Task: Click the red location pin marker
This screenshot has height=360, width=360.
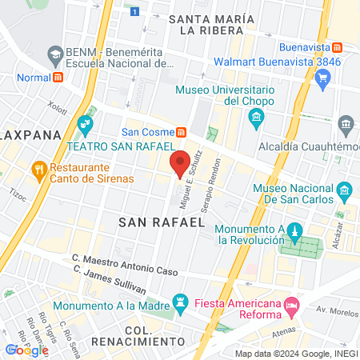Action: pyautogui.click(x=181, y=163)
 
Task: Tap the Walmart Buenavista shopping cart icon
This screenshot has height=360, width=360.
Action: pyautogui.click(x=323, y=78)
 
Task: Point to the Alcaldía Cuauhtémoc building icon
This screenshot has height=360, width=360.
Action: pyautogui.click(x=346, y=124)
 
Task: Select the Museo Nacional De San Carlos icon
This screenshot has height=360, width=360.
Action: pyautogui.click(x=345, y=191)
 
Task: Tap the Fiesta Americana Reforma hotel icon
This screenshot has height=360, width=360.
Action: pyautogui.click(x=292, y=304)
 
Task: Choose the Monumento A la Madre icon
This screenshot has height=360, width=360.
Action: pyautogui.click(x=181, y=303)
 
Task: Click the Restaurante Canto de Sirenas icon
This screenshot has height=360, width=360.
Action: pyautogui.click(x=38, y=169)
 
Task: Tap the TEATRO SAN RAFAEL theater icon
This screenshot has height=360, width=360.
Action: pyautogui.click(x=86, y=125)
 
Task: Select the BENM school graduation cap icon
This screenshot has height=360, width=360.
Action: pyautogui.click(x=55, y=55)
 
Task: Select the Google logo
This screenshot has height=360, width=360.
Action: pyautogui.click(x=26, y=350)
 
